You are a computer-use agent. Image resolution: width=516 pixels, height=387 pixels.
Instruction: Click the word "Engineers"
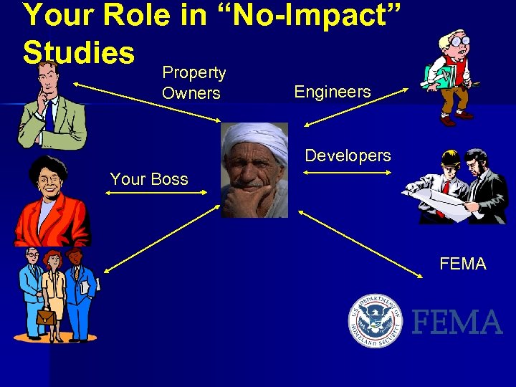tap(333, 92)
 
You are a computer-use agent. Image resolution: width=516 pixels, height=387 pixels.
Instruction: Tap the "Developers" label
tap(348, 156)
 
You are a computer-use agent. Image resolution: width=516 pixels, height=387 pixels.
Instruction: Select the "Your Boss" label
tap(149, 179)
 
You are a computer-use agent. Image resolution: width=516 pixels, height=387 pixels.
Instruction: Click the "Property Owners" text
tap(192, 83)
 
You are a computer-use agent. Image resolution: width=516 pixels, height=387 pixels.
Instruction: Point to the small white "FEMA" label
tap(462, 264)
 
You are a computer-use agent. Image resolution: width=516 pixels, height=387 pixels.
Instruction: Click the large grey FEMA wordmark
tap(457, 322)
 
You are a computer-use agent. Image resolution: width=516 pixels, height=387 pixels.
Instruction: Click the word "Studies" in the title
tap(79, 52)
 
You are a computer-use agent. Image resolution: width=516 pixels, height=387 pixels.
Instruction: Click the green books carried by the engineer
tap(434, 75)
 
